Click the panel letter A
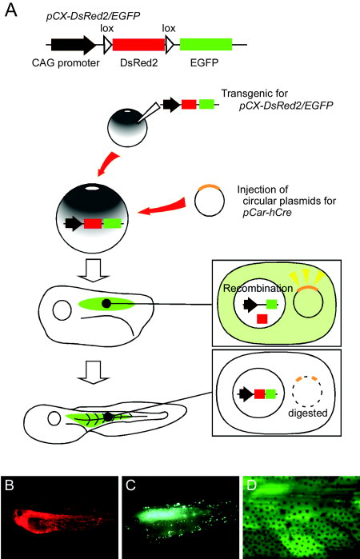point(10,10)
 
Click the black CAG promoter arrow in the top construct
point(73,45)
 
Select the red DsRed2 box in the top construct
point(138,45)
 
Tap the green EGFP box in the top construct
point(206,45)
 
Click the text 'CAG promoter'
point(66,63)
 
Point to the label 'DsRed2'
point(138,63)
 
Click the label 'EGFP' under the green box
point(204,63)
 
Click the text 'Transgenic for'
point(254,94)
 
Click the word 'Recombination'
point(258,288)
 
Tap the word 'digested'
point(307,413)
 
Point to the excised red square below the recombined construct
point(262,319)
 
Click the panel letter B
point(10,485)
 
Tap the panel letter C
point(130,485)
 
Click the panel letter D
point(252,485)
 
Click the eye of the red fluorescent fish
point(19,513)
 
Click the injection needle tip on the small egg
point(138,122)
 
